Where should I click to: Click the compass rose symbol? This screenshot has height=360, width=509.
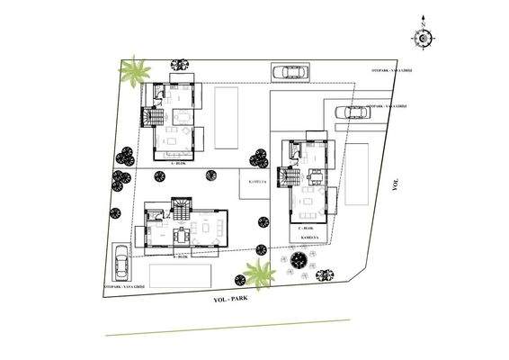click(x=421, y=36)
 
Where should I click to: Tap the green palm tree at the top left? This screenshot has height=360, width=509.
click(x=135, y=71)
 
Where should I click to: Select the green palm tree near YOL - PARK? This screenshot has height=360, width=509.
click(x=260, y=273)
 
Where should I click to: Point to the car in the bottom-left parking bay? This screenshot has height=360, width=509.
click(x=121, y=262)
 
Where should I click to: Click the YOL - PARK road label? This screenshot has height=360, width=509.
click(x=232, y=298)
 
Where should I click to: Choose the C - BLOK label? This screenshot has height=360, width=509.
click(x=305, y=230)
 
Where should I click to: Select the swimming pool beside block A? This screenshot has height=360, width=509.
click(x=226, y=117)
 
